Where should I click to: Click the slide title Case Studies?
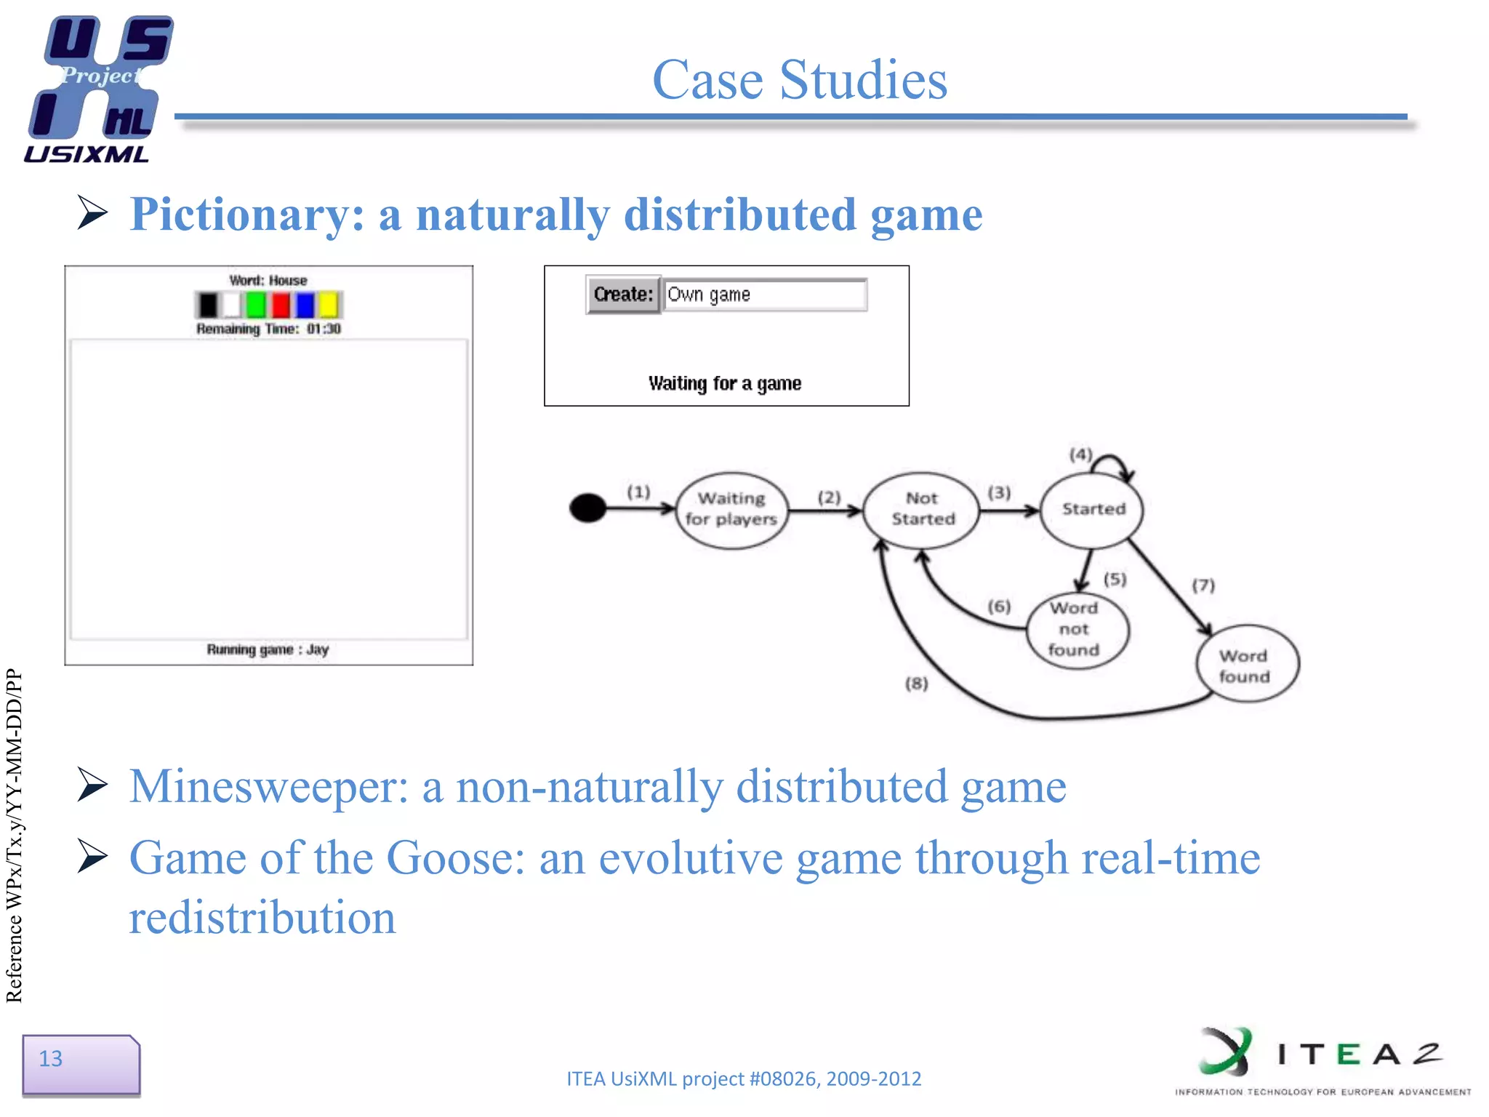(x=799, y=79)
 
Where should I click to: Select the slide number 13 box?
(x=81, y=1064)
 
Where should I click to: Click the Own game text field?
(x=764, y=295)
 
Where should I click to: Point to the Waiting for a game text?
(x=724, y=383)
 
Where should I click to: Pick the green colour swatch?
(x=256, y=305)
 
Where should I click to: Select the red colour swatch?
(x=281, y=305)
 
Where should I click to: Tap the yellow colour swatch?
(x=329, y=305)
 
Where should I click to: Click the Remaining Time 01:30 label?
(x=268, y=329)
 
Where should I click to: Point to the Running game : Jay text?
(x=268, y=649)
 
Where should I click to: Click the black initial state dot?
(x=587, y=508)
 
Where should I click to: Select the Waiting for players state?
(x=731, y=509)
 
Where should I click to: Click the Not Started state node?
(x=922, y=508)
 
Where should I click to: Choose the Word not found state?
(x=1075, y=629)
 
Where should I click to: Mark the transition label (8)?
(x=916, y=684)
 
